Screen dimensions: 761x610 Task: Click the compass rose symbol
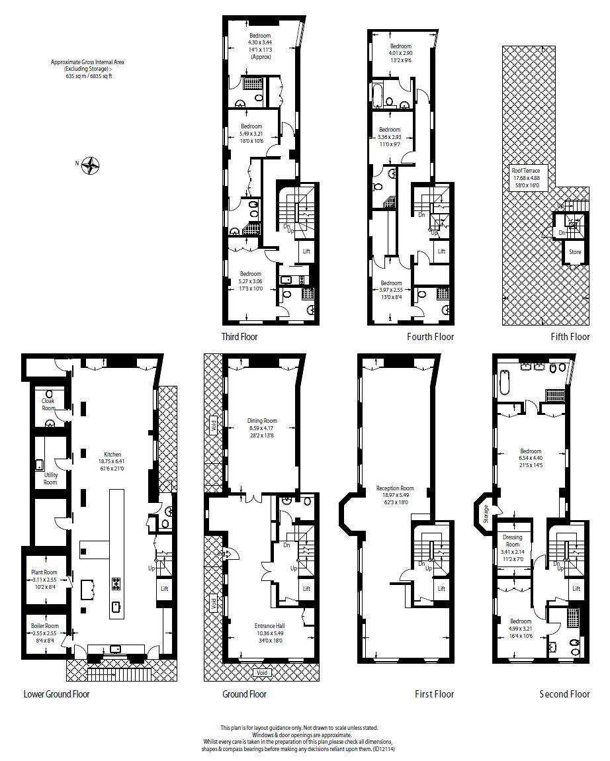[90, 165]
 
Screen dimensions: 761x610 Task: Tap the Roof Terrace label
[526, 171]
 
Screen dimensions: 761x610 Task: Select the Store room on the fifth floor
[574, 252]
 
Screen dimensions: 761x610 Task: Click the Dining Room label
[262, 421]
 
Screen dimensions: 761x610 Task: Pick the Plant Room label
[44, 572]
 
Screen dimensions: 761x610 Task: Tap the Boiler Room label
[44, 626]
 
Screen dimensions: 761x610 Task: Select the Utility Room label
[50, 478]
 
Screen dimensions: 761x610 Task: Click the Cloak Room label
[48, 404]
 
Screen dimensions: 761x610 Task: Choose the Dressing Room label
[513, 537]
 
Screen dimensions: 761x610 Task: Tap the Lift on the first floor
[441, 588]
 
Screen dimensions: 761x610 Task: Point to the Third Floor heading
[240, 337]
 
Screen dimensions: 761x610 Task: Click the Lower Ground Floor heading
[56, 694]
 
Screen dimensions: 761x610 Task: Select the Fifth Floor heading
[570, 337]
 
